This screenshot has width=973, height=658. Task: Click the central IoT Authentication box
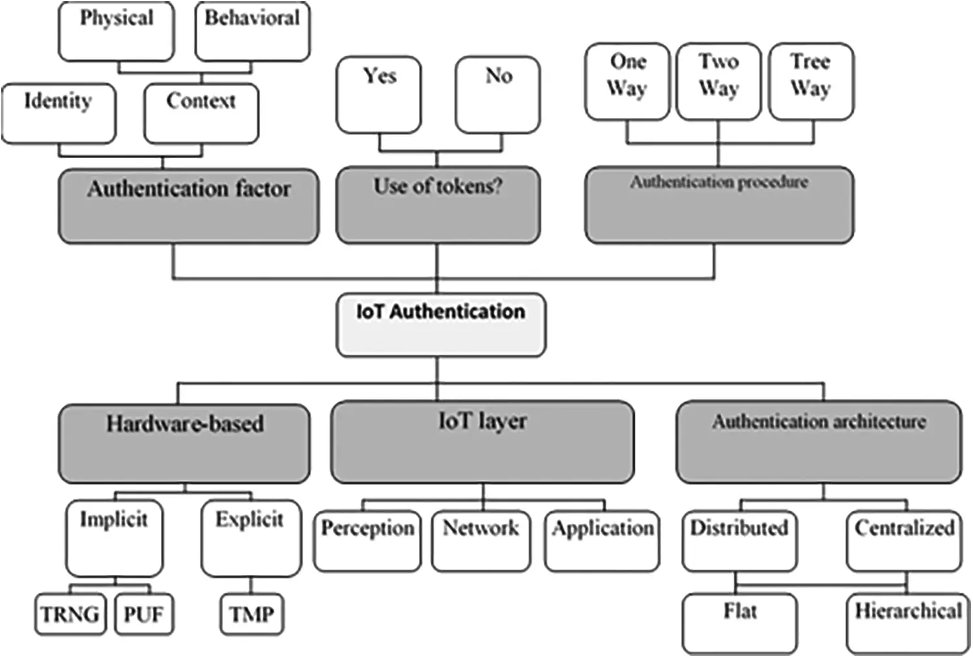coord(440,324)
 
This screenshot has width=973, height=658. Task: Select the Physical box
coord(116,31)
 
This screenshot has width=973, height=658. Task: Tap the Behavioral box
coord(252,31)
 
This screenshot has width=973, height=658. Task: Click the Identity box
coord(58,113)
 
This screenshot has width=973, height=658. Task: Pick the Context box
coord(201,113)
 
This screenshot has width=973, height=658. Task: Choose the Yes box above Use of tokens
coord(379,94)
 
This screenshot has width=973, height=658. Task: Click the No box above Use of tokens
coord(498,94)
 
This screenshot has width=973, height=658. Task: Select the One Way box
coord(627,81)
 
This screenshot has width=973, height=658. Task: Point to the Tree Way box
coord(811,81)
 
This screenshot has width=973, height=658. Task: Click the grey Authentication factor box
coord(189,206)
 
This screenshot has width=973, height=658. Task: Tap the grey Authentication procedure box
coord(719,205)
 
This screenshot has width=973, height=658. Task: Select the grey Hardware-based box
coord(184,443)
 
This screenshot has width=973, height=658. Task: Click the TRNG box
coord(69,613)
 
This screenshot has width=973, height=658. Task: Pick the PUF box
coord(144,613)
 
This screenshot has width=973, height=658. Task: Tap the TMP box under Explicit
coord(252,613)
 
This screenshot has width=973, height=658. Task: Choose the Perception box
coord(367,541)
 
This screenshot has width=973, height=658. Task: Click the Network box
coord(481,541)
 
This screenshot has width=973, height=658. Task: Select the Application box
coord(603,541)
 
